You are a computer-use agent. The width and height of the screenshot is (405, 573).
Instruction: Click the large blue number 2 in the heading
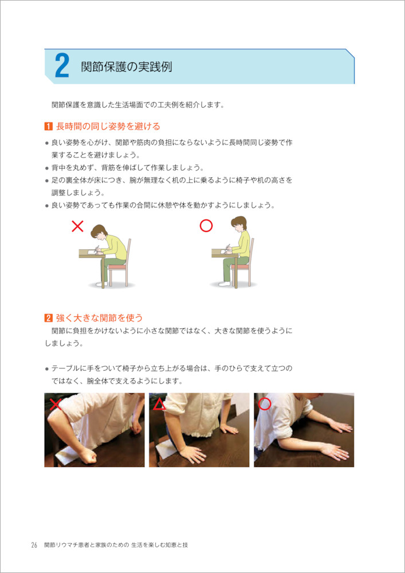(62, 66)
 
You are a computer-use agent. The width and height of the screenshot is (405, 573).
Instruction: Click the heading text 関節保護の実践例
(127, 67)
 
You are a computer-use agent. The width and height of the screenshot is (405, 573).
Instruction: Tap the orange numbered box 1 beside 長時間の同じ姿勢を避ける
(48, 127)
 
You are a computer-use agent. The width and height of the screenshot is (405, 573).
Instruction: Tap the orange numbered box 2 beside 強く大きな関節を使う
(48, 317)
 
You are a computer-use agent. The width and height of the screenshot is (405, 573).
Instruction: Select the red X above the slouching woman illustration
(78, 226)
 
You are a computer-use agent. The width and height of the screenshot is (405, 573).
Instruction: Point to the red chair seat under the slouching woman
(117, 267)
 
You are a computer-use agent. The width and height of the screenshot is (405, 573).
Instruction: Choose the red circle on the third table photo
(265, 404)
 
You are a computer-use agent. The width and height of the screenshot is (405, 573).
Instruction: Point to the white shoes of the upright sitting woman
(225, 284)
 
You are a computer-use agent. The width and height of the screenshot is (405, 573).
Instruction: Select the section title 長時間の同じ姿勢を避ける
(108, 127)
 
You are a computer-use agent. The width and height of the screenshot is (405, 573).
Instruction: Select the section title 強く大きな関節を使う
(99, 317)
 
